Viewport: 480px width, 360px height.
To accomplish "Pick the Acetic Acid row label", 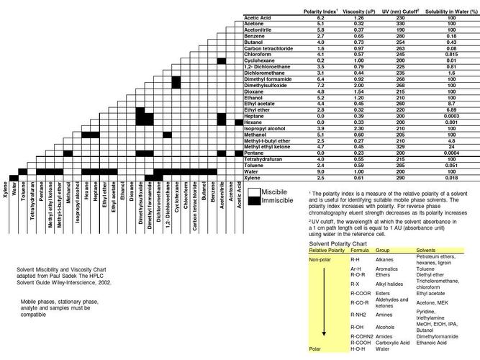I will point(258,17).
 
